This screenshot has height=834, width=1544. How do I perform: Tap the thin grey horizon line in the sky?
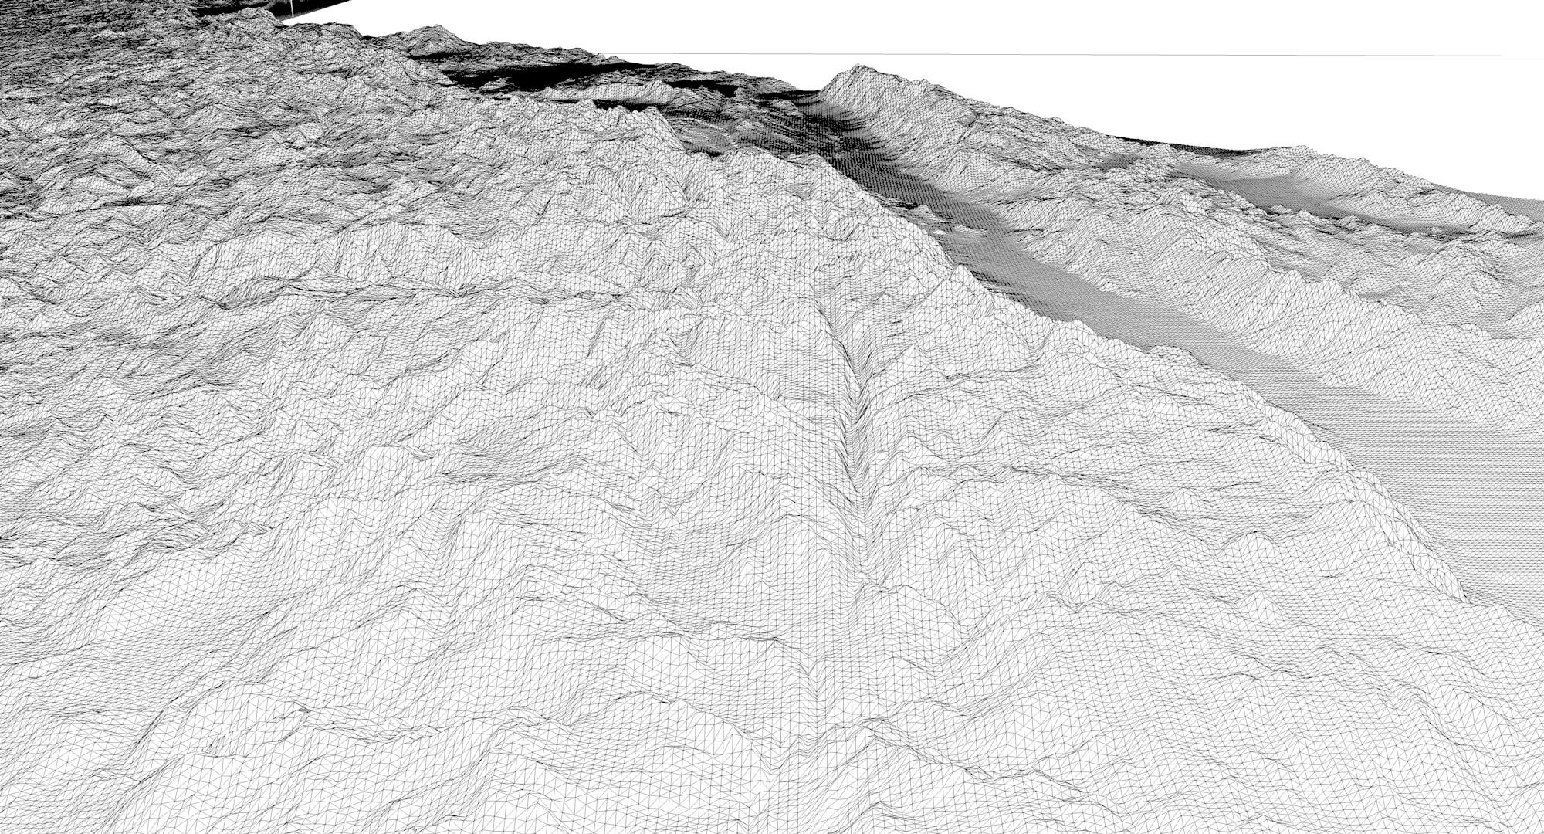(1081, 55)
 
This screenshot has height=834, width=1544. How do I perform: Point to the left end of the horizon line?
(610, 54)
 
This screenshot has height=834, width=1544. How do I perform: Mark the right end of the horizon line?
(1541, 56)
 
